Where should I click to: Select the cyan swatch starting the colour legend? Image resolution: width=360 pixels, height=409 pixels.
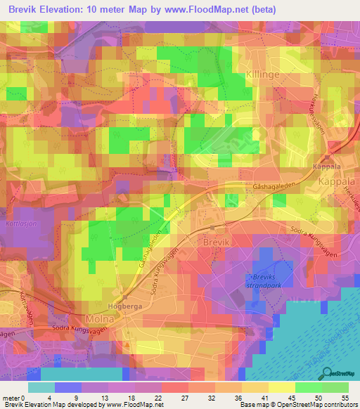[41, 387]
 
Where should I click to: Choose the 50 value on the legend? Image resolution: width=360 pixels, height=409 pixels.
[318, 397]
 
